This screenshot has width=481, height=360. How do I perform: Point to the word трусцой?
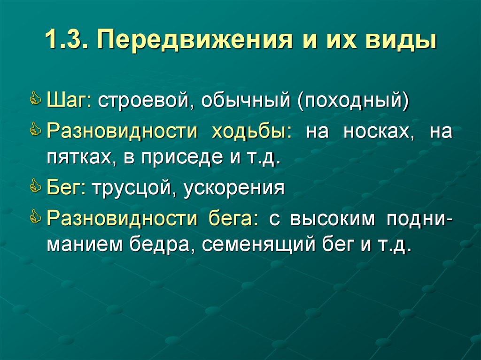pos(132,188)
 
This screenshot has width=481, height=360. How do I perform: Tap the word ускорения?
pos(234,188)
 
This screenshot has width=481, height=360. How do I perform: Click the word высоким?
pos(333,218)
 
